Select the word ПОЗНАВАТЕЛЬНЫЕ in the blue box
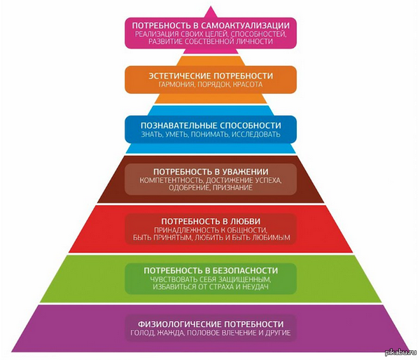click(175, 124)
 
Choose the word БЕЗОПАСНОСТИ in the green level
click(239, 270)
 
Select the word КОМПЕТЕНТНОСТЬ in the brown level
click(169, 181)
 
